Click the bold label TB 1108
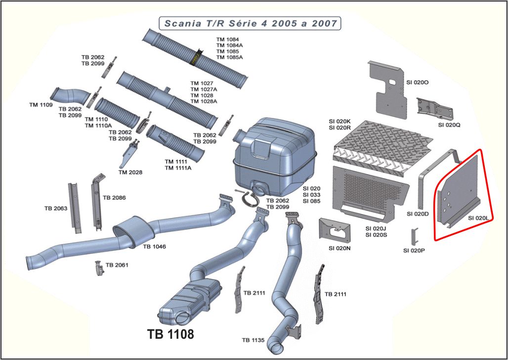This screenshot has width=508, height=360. pos(170,334)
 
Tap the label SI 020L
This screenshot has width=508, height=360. pos(478,218)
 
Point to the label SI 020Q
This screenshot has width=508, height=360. pos(449,125)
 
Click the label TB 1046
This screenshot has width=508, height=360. pos(155,246)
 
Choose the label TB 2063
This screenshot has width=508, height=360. pos(55,208)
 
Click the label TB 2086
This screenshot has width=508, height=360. pos(114,198)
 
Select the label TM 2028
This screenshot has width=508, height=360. pos(130,172)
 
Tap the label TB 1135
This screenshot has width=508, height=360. pos(254,340)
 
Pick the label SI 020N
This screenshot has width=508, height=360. pos(339,248)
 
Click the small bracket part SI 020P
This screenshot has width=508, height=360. pos(415,236)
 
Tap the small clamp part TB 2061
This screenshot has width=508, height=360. pos(98,268)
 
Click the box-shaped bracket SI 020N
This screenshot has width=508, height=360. pos(336,230)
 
